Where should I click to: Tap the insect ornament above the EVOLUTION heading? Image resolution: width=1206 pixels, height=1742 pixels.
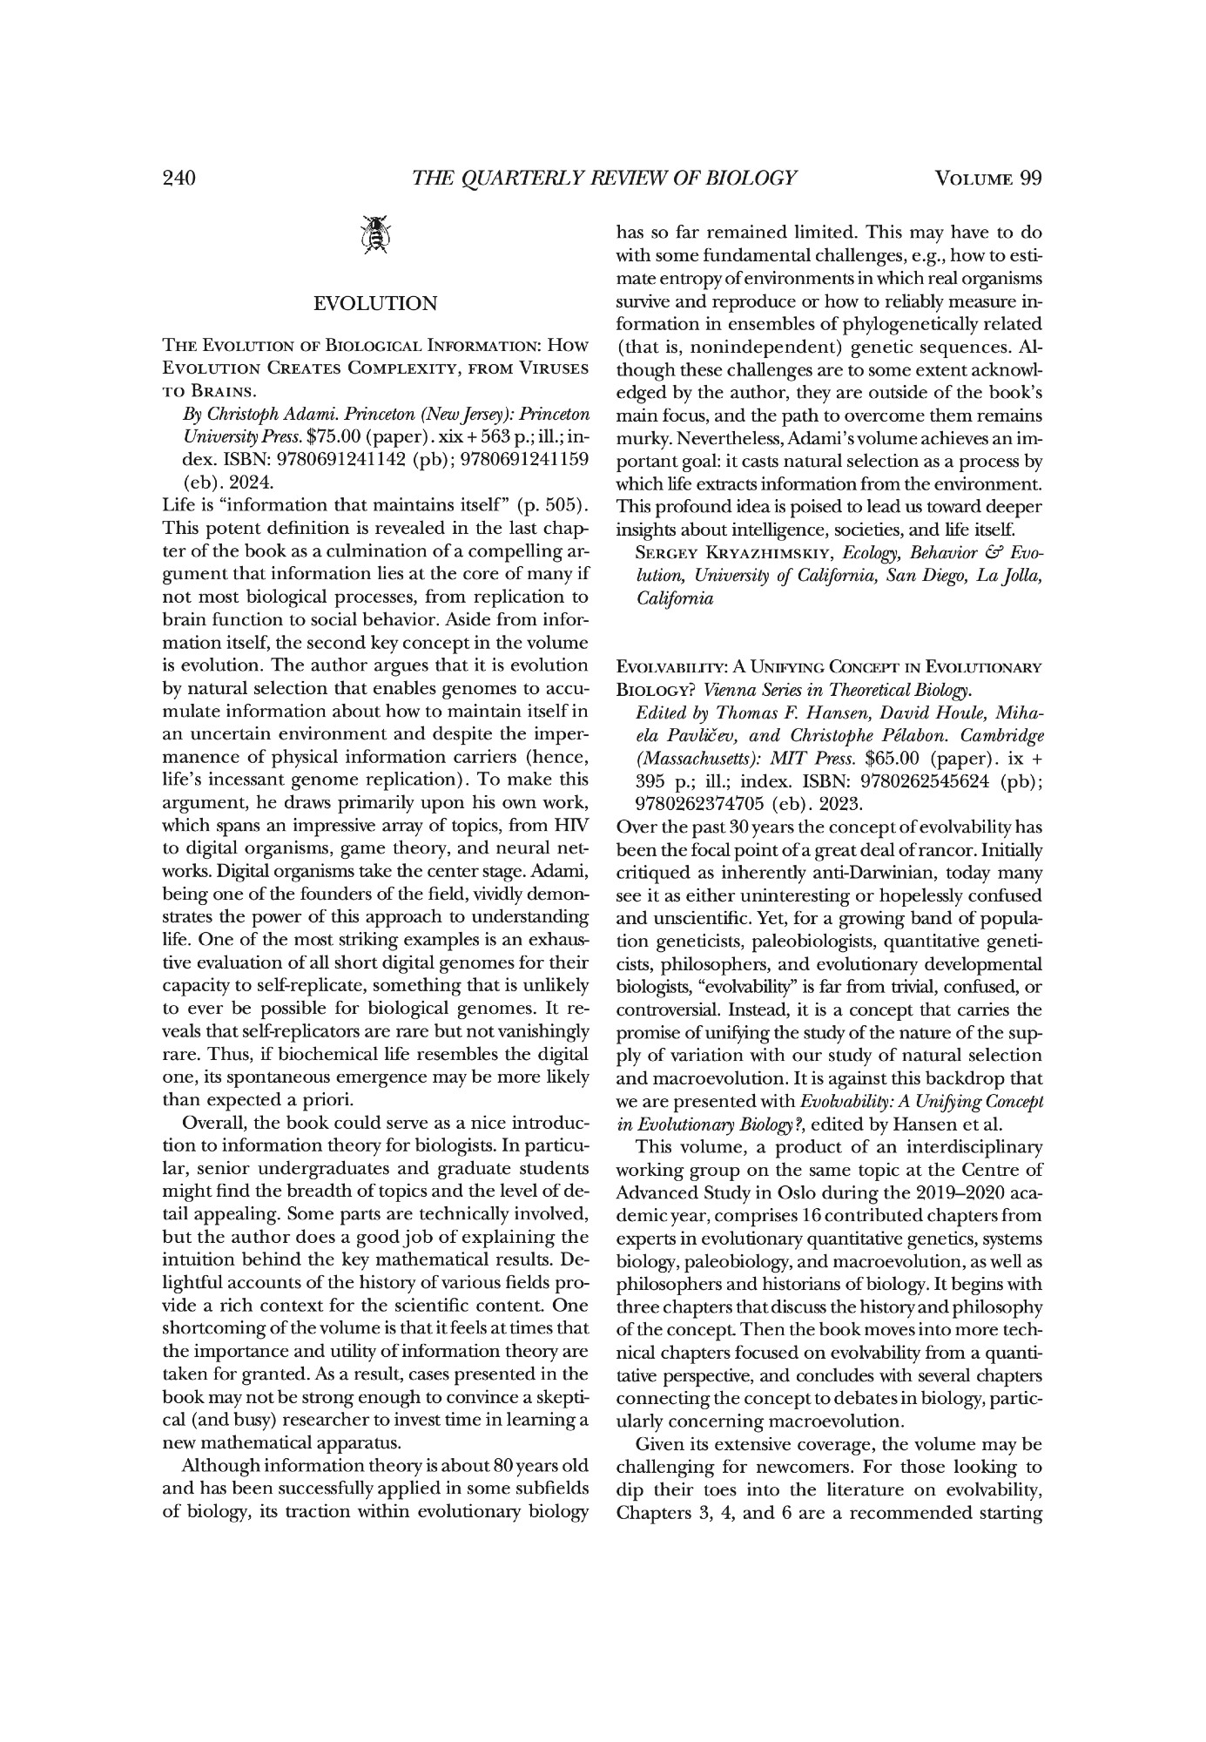tap(375, 234)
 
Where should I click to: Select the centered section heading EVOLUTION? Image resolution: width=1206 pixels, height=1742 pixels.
tap(375, 303)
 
